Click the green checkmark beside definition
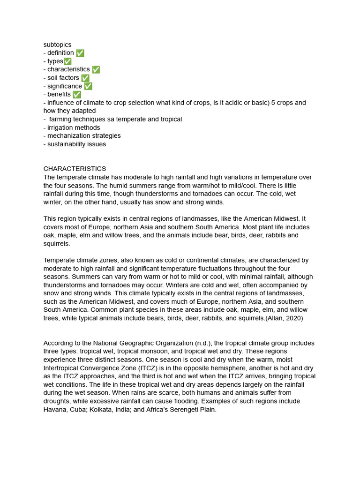coord(80,53)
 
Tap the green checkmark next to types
coord(67,61)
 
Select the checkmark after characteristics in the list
coord(96,69)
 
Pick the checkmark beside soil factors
coord(85,78)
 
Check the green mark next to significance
coord(88,86)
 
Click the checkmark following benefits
coord(77,94)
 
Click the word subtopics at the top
coord(57,45)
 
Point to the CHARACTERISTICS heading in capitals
coord(75,169)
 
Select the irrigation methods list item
coord(72,127)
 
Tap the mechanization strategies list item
coord(82,135)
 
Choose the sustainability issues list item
coord(75,144)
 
